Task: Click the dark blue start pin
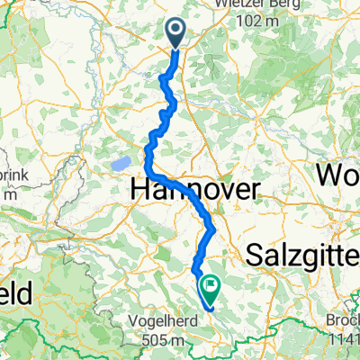[x=175, y=32]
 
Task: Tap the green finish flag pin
[x=211, y=288]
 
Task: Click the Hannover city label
[x=195, y=189]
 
